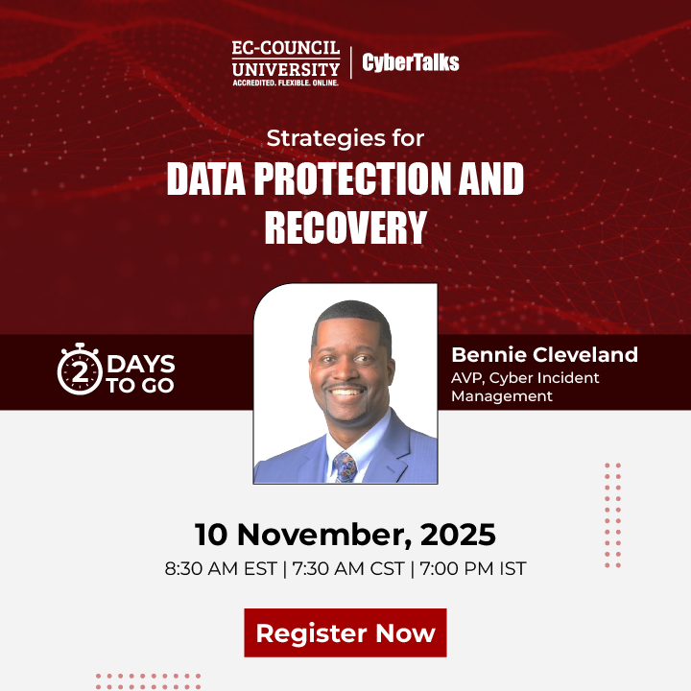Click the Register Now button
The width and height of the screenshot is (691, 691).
coord(345,632)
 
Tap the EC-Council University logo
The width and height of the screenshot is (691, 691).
coord(285,61)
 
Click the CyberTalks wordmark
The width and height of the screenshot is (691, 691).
coord(411,63)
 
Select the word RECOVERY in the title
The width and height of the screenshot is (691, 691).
coord(345,227)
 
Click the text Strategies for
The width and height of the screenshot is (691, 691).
coord(345,137)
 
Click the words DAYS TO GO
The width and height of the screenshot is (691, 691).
coord(140,374)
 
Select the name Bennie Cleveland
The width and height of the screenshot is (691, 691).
coord(544,355)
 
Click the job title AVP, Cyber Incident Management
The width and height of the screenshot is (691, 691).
coord(525,387)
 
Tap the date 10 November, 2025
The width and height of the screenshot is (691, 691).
coord(345,534)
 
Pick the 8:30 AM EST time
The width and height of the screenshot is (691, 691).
coord(221,568)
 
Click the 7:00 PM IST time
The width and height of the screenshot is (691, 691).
coord(472,568)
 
